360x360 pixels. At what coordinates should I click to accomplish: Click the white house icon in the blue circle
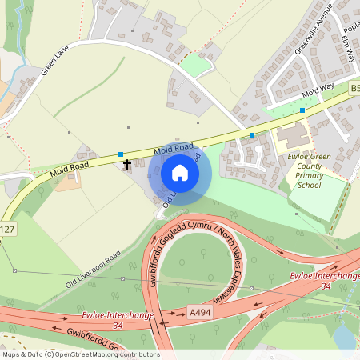tap(180, 173)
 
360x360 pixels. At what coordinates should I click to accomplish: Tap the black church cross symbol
tap(127, 166)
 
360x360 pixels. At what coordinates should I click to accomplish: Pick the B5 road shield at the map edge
tap(354, 90)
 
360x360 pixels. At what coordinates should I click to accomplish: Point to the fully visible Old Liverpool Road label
tap(94, 270)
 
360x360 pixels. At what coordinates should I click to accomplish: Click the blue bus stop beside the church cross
tap(121, 154)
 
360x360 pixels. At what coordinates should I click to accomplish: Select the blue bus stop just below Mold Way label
tap(302, 110)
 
